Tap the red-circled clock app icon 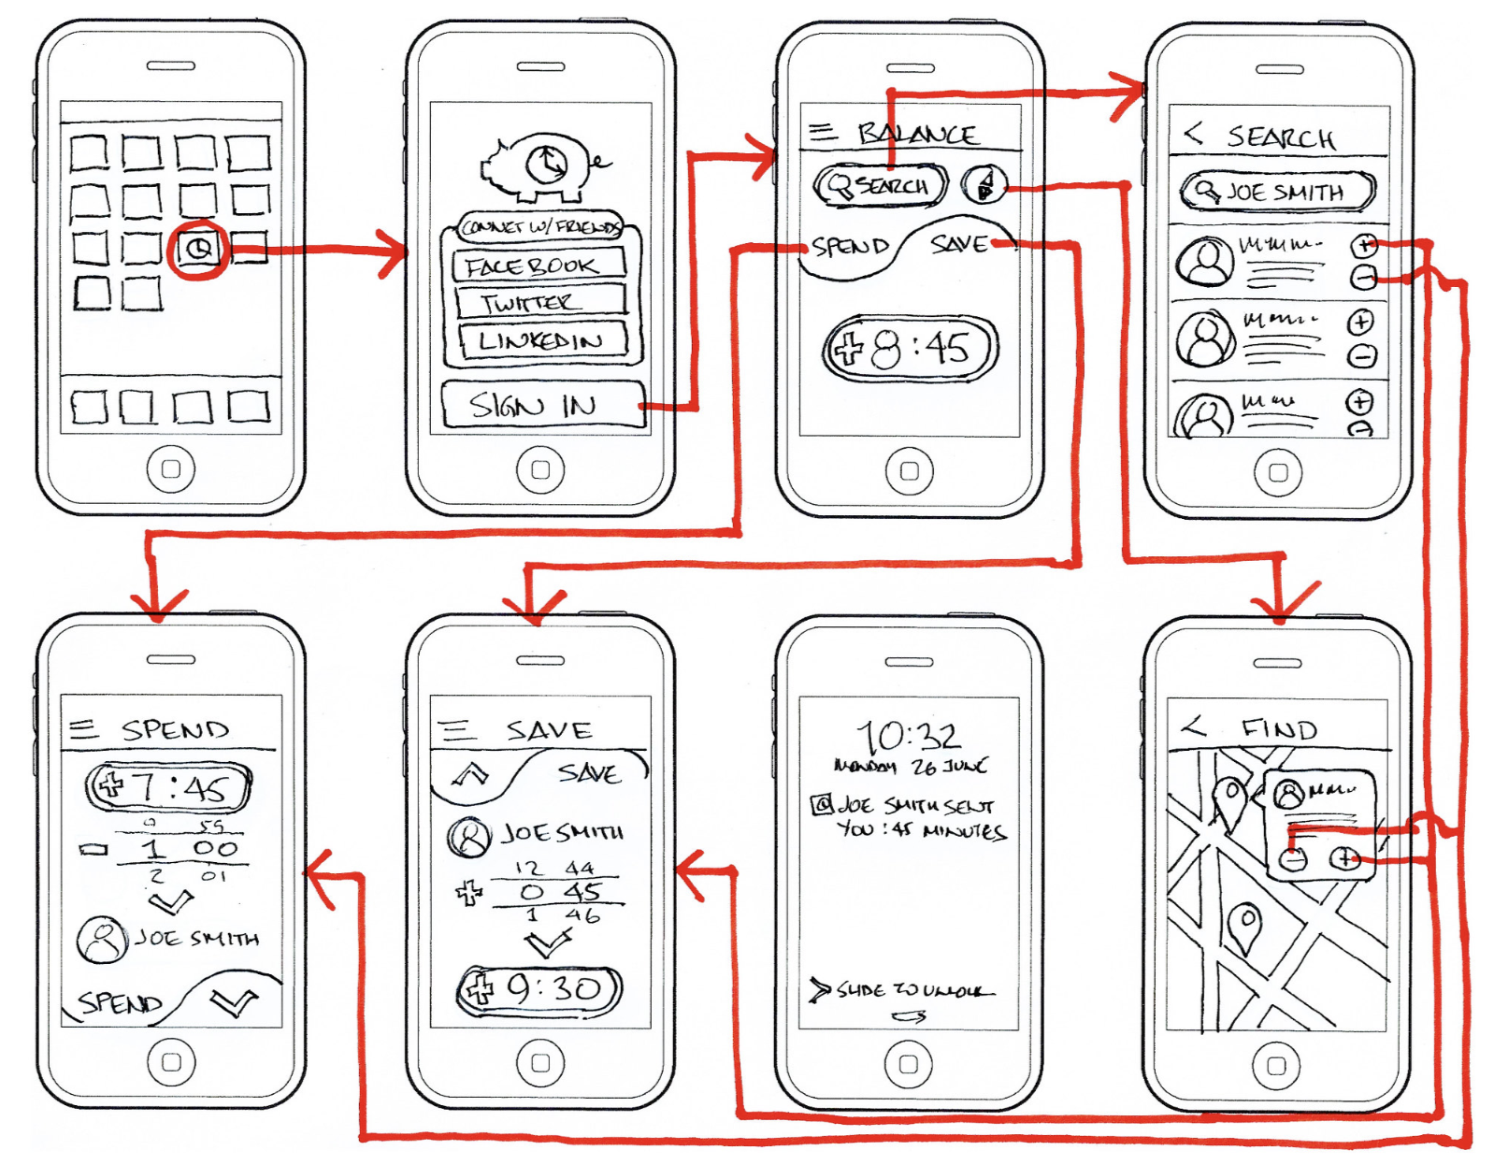[x=198, y=249]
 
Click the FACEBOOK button [x=538, y=266]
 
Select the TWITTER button [x=539, y=302]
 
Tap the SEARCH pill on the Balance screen [x=880, y=185]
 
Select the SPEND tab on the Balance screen [x=849, y=247]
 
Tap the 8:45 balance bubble [x=910, y=349]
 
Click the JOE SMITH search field [x=1276, y=192]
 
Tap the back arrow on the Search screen [x=1193, y=134]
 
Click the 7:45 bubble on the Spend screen [x=169, y=786]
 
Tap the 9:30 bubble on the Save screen [x=539, y=989]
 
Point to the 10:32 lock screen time [x=909, y=736]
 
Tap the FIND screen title [x=1279, y=728]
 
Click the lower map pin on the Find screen [x=1244, y=925]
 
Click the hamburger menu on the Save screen [x=457, y=729]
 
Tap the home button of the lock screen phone [x=909, y=1063]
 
